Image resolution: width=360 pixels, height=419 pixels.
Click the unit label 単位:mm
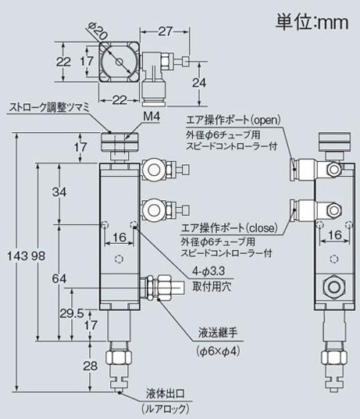(x=312, y=23)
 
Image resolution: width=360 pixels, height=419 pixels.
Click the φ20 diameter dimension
(x=98, y=30)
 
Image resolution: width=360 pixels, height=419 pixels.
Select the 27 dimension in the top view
(x=166, y=31)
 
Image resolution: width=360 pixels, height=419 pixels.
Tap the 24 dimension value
(x=199, y=83)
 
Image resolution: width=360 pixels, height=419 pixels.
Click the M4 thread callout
(x=151, y=116)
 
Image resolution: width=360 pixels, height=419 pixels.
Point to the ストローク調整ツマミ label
(x=49, y=107)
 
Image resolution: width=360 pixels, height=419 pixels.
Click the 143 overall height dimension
(x=17, y=256)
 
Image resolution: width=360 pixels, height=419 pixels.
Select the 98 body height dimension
(x=38, y=256)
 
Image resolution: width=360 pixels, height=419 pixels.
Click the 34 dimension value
(x=59, y=192)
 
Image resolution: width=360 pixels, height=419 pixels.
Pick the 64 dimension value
(x=59, y=279)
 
